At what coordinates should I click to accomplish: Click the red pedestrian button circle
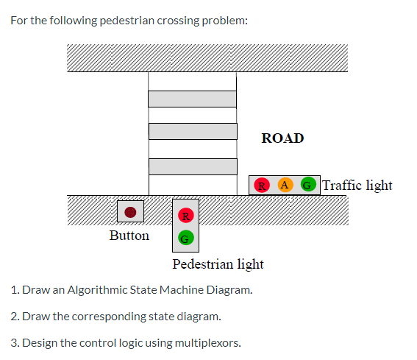click(x=131, y=212)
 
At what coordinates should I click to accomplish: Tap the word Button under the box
click(x=129, y=236)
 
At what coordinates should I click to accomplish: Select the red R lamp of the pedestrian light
click(x=186, y=216)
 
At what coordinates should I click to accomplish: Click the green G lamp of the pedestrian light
click(x=186, y=238)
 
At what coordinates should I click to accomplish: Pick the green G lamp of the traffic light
click(x=309, y=185)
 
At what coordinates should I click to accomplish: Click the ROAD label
click(x=282, y=138)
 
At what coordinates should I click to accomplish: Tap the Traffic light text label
click(x=357, y=185)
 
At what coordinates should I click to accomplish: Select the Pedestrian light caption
click(x=218, y=264)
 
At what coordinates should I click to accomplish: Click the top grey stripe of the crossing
click(x=193, y=99)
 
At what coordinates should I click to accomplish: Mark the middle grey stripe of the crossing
click(x=193, y=131)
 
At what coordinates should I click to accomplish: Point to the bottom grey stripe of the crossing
click(x=193, y=166)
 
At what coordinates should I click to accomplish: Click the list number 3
click(x=14, y=342)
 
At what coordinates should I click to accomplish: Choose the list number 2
click(x=14, y=316)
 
